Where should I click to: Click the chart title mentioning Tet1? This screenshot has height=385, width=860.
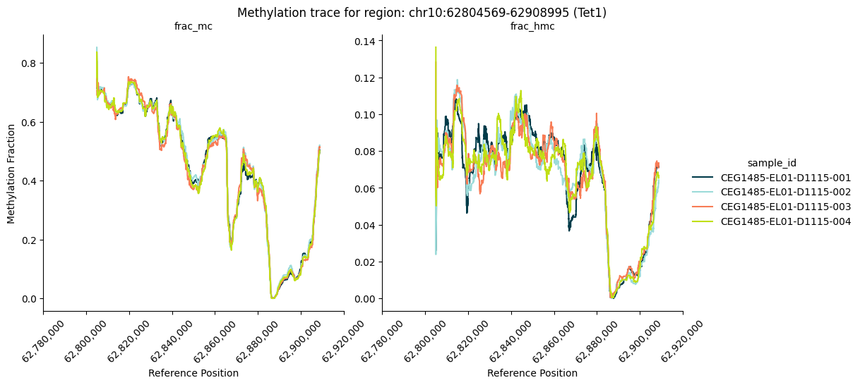(422, 13)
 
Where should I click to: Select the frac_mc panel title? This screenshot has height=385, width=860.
(193, 27)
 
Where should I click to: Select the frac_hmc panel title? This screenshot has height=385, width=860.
(532, 27)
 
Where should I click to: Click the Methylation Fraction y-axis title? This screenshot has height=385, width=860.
(11, 173)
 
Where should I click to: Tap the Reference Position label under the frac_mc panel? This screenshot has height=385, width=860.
(193, 373)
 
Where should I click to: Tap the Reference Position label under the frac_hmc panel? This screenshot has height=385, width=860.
(532, 373)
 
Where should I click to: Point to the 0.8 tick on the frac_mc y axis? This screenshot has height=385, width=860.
(30, 63)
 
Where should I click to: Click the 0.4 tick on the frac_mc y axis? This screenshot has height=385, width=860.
(30, 181)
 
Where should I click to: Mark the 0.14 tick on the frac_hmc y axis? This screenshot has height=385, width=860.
(366, 41)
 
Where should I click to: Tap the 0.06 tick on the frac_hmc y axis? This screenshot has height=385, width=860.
(366, 188)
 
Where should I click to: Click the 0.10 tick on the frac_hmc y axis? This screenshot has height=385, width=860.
(366, 115)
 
